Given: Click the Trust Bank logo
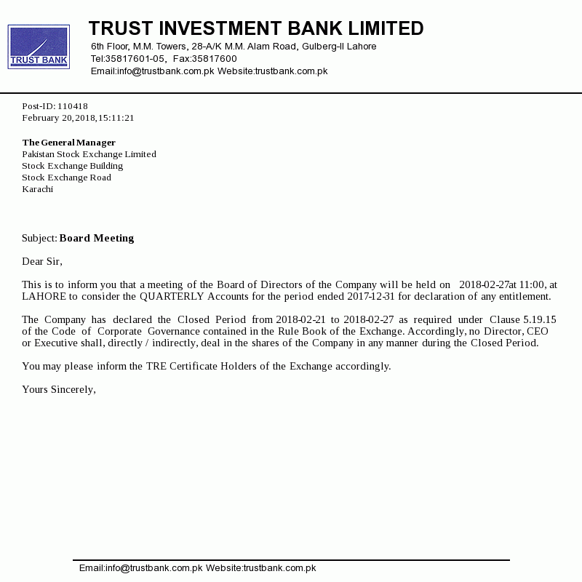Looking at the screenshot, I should point(39,47).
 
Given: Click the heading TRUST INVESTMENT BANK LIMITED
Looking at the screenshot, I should point(256,28).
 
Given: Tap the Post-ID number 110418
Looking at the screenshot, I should point(73,106).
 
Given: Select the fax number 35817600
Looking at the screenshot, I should point(214,59).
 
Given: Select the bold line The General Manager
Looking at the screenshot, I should point(69,143).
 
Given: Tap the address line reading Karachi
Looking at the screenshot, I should point(38,189).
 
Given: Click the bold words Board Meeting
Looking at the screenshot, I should point(97,238).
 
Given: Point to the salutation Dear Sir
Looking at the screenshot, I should point(42,261).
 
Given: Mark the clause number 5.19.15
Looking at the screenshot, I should point(540,319).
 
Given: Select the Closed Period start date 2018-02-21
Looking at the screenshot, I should point(302,319).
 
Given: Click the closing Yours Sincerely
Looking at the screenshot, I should point(59,389).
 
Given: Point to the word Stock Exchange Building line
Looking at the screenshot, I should point(73,166).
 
